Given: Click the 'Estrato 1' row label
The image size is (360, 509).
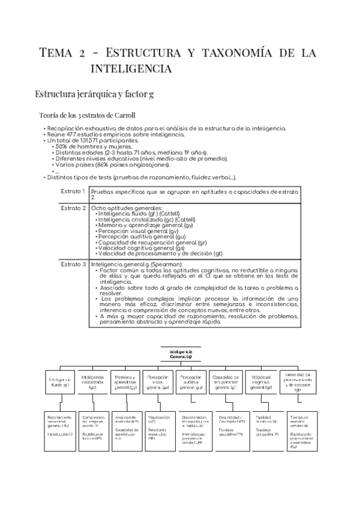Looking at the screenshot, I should (x=73, y=190).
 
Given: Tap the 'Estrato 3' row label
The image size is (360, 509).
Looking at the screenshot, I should (x=73, y=264).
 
